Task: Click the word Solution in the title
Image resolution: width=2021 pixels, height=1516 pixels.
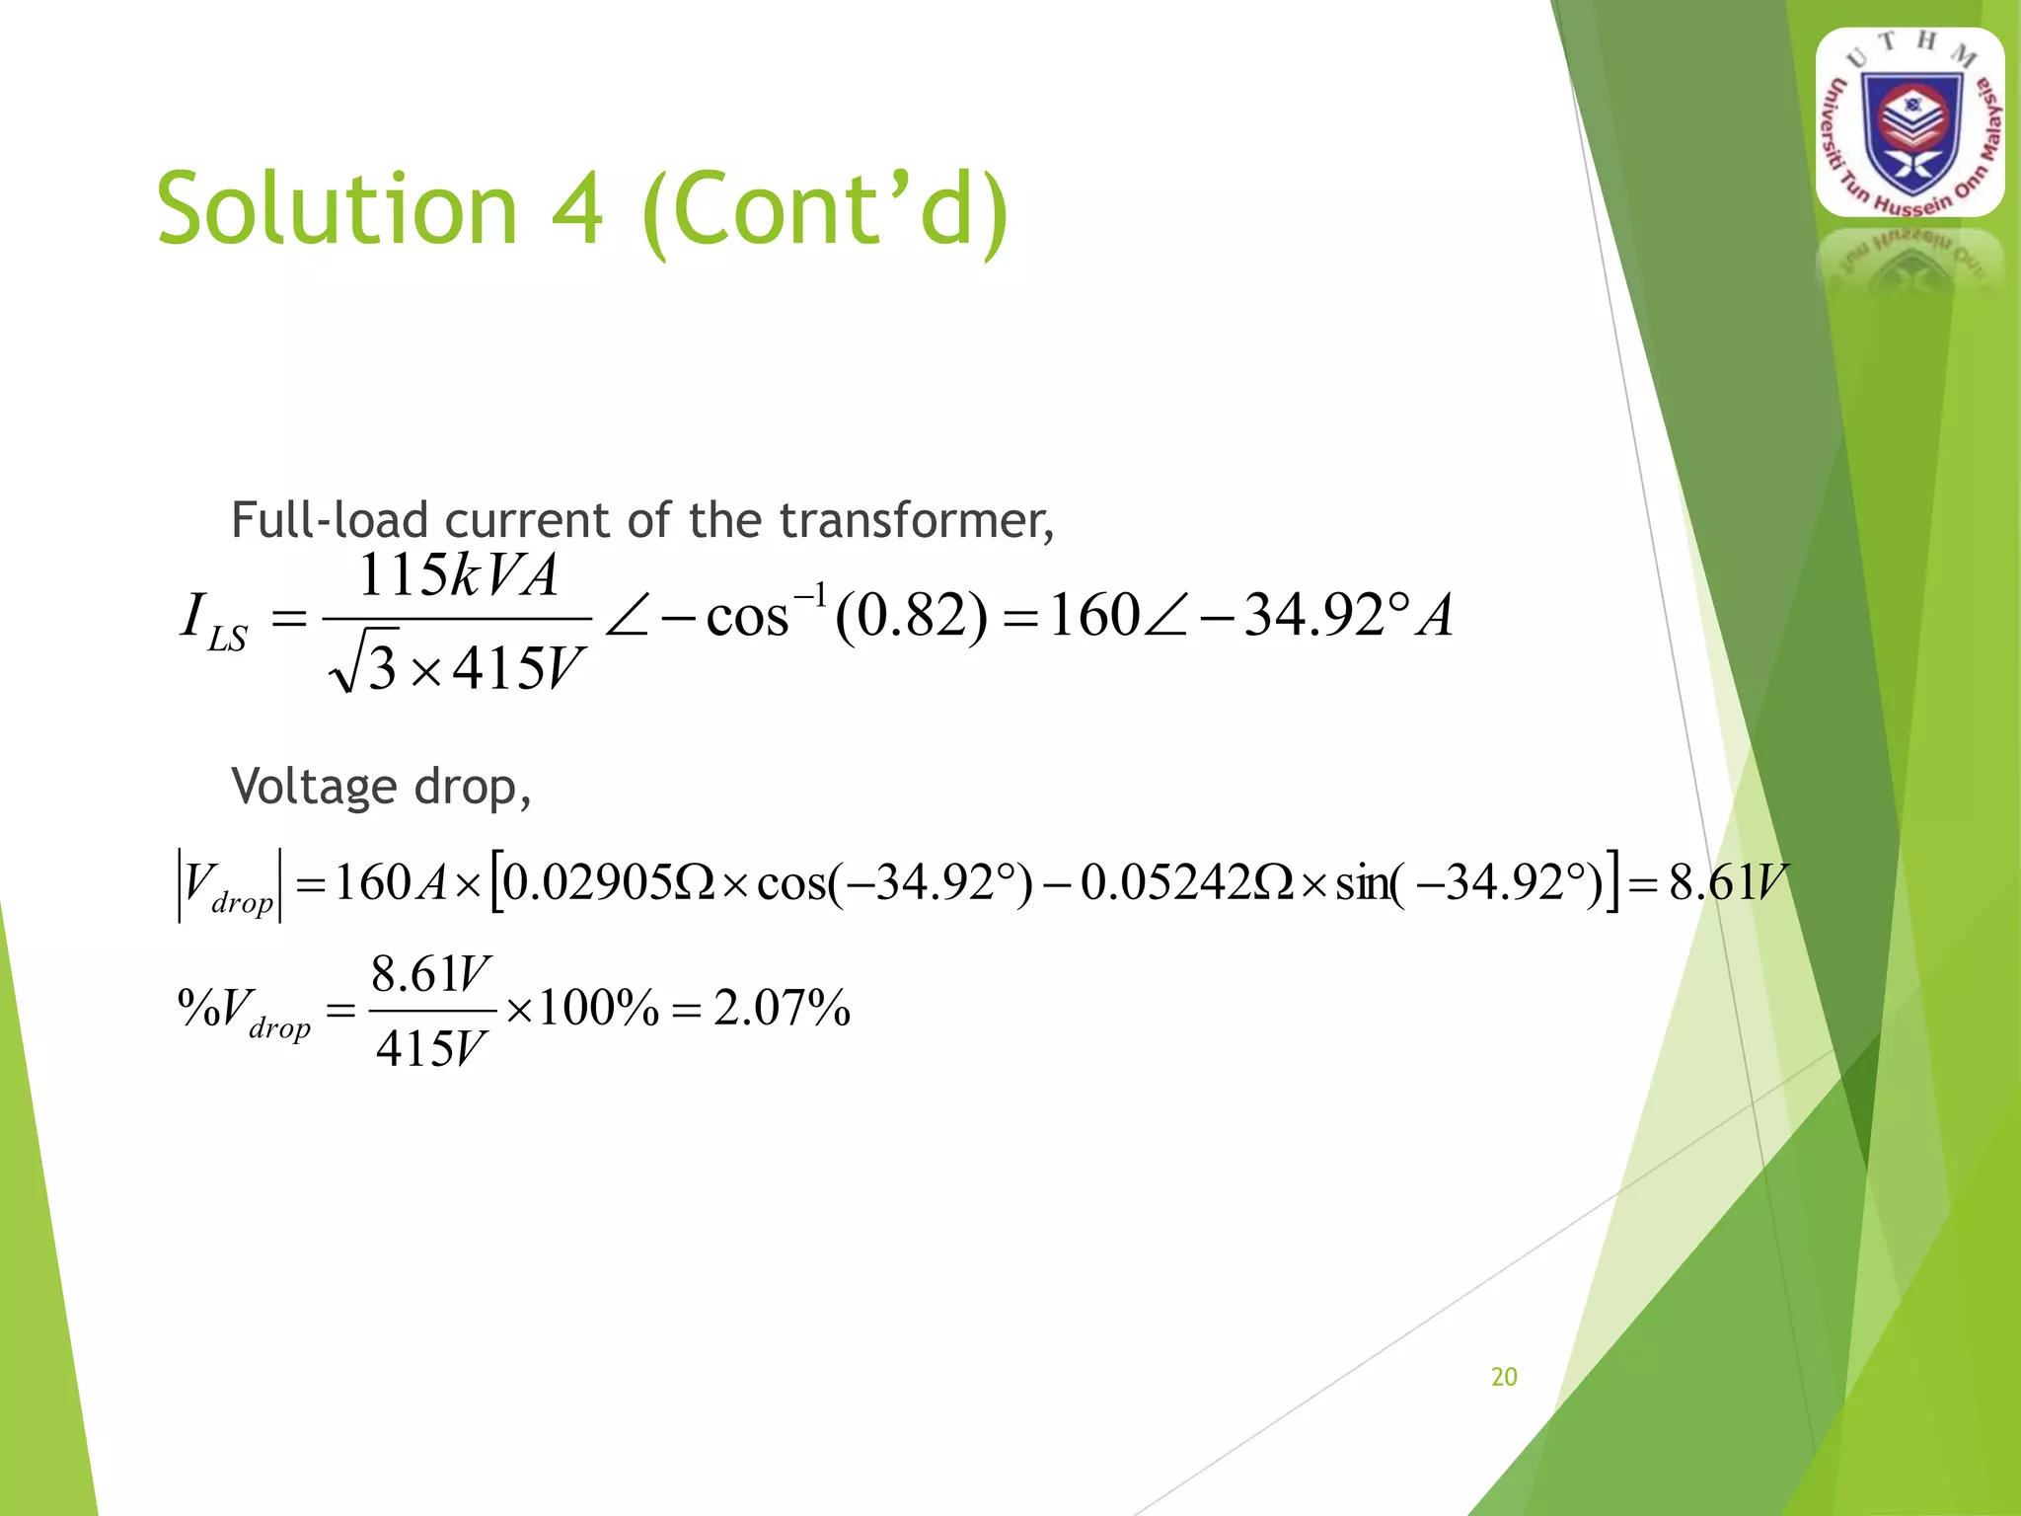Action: coord(337,209)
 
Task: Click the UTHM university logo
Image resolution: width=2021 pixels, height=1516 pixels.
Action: coord(1909,123)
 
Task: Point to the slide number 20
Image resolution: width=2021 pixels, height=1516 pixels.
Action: coord(1504,1377)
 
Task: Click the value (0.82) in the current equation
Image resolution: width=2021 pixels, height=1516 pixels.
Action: coord(911,616)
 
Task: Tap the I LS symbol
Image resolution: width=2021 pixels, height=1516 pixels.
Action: coord(213,621)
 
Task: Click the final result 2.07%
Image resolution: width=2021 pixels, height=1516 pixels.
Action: coord(782,1009)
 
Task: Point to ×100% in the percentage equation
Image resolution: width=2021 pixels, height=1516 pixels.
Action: coord(581,1009)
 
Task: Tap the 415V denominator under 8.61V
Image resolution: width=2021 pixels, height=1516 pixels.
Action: coord(430,1048)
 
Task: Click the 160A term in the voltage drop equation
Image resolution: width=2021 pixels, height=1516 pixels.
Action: coord(391,882)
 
